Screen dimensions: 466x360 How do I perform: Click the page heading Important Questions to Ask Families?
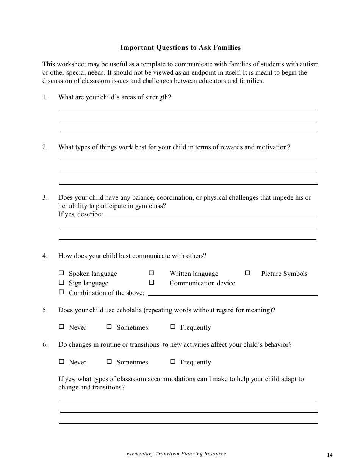[180, 48]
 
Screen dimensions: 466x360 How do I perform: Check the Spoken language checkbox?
[61, 273]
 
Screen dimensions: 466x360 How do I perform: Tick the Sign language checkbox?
[61, 282]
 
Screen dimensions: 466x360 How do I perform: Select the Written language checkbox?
[152, 273]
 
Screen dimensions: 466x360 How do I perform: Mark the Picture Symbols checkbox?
[248, 273]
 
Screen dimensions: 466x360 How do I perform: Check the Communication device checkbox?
[152, 282]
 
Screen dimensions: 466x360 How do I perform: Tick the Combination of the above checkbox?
[61, 292]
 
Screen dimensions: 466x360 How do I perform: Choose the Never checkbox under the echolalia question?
[61, 327]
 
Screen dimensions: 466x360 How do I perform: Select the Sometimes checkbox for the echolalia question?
[109, 327]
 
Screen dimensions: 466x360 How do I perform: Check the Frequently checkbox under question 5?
[173, 327]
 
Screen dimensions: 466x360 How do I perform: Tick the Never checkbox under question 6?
[61, 361]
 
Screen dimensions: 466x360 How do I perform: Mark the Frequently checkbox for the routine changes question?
[173, 361]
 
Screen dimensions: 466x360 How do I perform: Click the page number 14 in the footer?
[330, 455]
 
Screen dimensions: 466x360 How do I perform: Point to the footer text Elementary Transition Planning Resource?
[176, 454]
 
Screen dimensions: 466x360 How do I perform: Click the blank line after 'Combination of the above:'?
[233, 294]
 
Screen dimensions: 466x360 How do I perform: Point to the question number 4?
[45, 256]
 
